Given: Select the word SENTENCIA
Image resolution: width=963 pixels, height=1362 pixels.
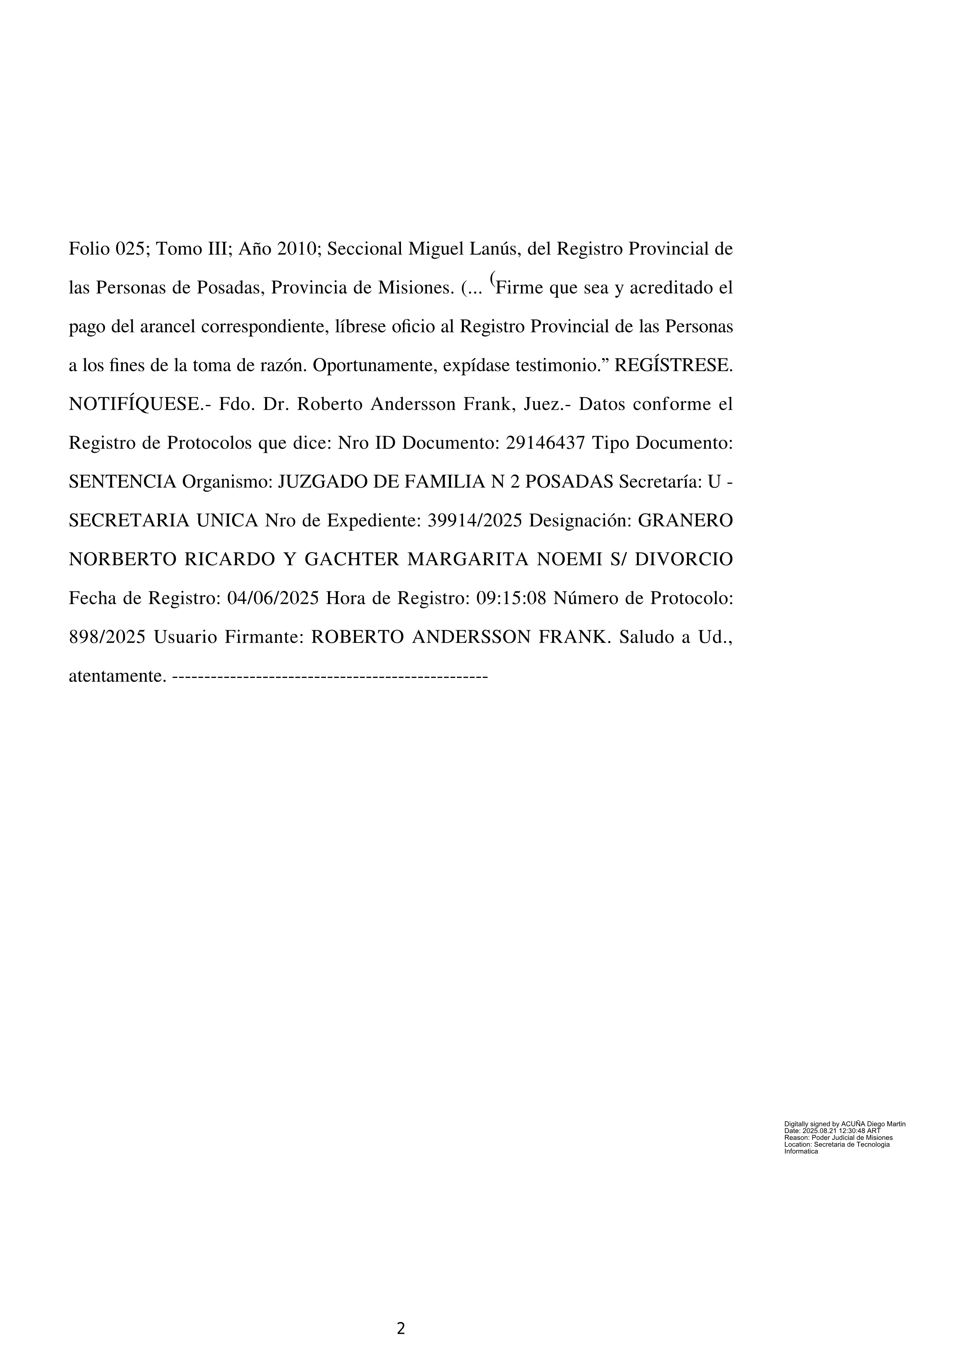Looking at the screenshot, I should click(x=123, y=482).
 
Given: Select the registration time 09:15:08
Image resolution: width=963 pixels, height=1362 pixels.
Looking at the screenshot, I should click(x=511, y=599).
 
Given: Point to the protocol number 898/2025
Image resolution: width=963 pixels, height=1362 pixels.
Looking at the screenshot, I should click(x=108, y=638).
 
